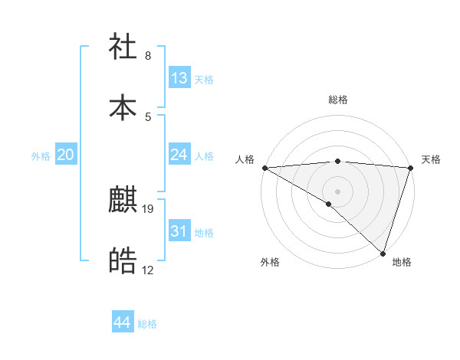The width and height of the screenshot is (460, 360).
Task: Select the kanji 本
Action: (x=123, y=106)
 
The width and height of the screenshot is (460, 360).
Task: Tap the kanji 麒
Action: (x=123, y=201)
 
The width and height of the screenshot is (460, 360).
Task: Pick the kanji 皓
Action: (x=123, y=261)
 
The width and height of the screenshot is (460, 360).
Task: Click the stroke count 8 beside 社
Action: (x=148, y=56)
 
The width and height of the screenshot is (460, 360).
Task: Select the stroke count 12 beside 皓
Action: (x=148, y=270)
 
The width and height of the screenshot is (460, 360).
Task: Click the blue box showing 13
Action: (x=179, y=78)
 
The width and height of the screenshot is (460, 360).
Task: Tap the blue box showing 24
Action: (x=179, y=155)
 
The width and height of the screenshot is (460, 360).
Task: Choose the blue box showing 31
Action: (x=179, y=231)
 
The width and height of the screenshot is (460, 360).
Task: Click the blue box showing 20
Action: (x=66, y=155)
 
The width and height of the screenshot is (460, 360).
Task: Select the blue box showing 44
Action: (x=122, y=322)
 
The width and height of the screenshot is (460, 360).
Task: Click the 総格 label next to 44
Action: (x=148, y=324)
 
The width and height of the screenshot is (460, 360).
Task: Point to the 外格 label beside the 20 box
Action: (x=41, y=156)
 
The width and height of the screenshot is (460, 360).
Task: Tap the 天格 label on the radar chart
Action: (x=431, y=159)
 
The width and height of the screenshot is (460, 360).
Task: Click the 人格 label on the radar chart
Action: (x=245, y=159)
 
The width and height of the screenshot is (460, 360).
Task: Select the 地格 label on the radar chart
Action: (x=402, y=262)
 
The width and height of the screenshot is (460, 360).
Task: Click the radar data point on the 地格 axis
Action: (x=383, y=253)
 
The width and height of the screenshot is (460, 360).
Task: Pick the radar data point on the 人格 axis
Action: (x=264, y=168)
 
